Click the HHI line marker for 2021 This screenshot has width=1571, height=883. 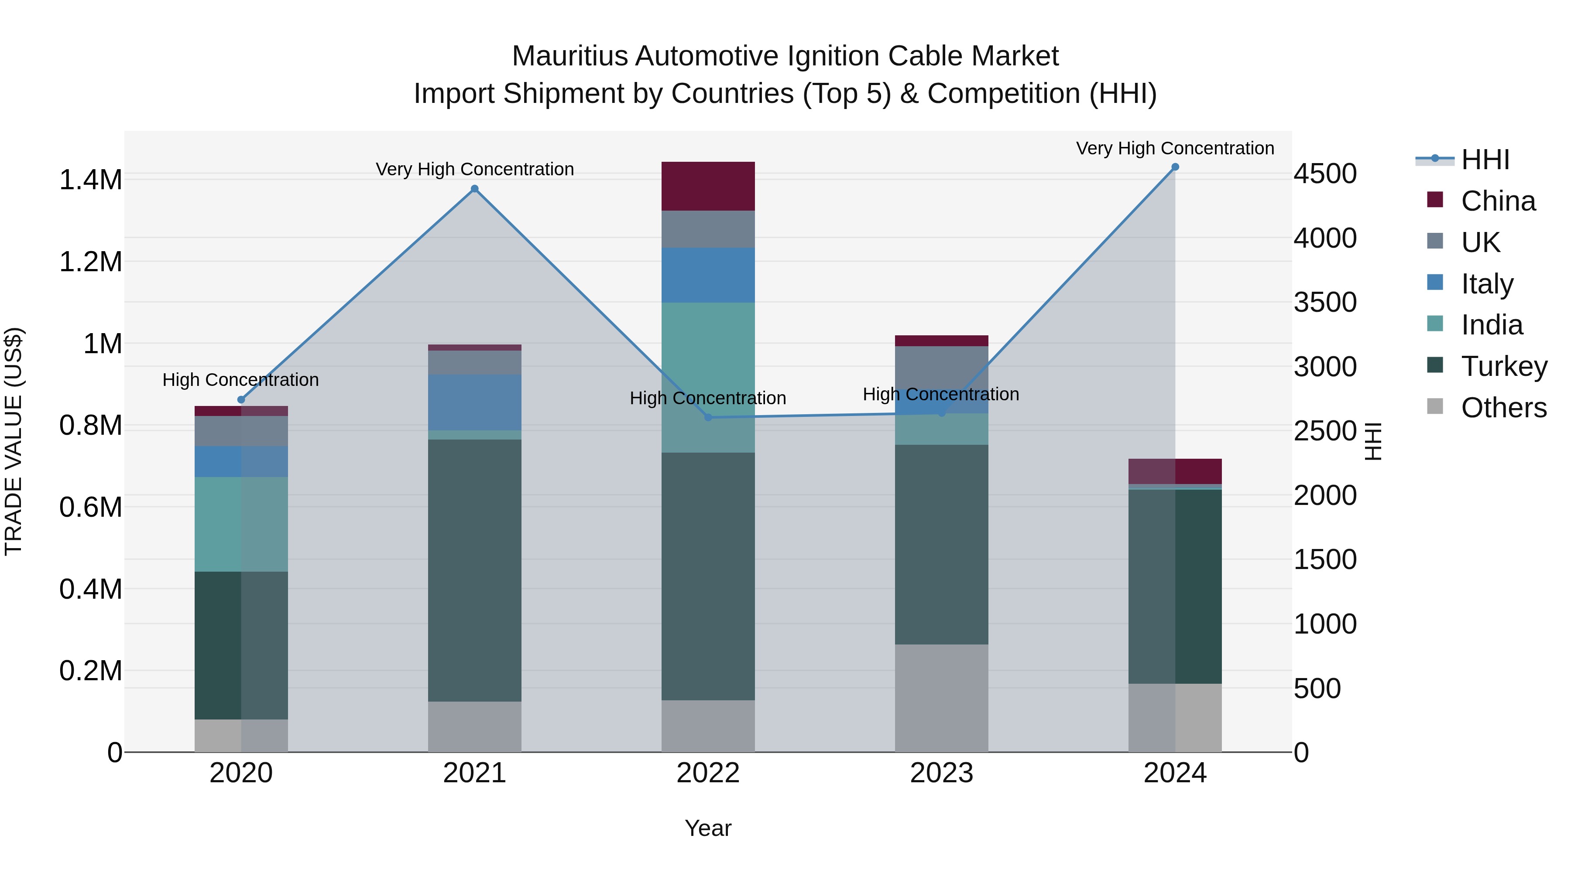pyautogui.click(x=474, y=189)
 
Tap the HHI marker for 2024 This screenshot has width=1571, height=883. pyautogui.click(x=1175, y=167)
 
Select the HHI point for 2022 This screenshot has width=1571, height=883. pyautogui.click(x=708, y=417)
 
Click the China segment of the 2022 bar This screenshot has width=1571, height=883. pyautogui.click(x=708, y=186)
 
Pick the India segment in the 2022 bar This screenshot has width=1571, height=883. pyautogui.click(x=708, y=377)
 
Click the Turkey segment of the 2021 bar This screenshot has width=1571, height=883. pyautogui.click(x=474, y=570)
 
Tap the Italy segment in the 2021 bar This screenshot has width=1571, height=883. pyautogui.click(x=474, y=402)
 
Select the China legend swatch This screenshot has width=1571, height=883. pyautogui.click(x=1436, y=200)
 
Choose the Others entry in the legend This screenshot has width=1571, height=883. pyautogui.click(x=1504, y=408)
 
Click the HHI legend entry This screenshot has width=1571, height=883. pyautogui.click(x=1485, y=160)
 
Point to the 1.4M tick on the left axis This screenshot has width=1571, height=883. pyautogui.click(x=90, y=181)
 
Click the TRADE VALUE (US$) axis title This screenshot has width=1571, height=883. pyautogui.click(x=14, y=441)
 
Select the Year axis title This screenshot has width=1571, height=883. pyautogui.click(x=708, y=828)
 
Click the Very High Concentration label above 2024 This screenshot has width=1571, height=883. pyautogui.click(x=1175, y=149)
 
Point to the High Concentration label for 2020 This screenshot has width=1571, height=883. pyautogui.click(x=240, y=380)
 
